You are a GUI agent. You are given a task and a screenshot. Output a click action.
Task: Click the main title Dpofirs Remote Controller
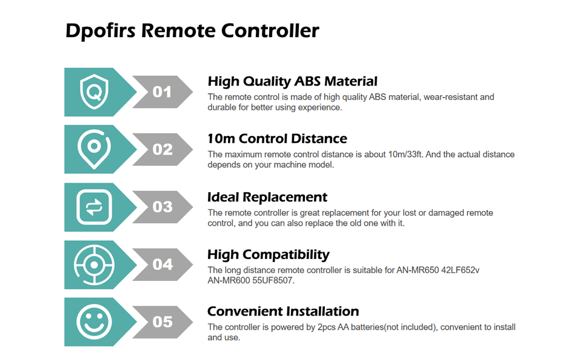tap(192, 31)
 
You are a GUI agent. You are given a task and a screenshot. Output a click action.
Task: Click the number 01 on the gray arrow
tap(162, 92)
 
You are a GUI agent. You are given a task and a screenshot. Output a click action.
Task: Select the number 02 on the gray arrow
tap(162, 149)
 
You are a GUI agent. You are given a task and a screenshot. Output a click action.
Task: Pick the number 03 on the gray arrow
tap(162, 207)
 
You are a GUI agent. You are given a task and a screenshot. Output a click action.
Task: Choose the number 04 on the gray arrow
tap(162, 265)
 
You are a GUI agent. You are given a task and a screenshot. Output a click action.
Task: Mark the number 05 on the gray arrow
tap(162, 322)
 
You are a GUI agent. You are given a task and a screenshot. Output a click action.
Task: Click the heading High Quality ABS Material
tap(292, 81)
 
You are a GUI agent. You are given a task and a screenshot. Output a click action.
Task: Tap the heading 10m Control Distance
tap(277, 139)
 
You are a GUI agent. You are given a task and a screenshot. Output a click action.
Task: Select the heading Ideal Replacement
tap(267, 197)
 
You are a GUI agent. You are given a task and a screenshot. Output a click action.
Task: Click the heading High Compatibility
tap(268, 254)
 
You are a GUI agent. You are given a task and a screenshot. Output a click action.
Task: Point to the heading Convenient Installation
tap(283, 312)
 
